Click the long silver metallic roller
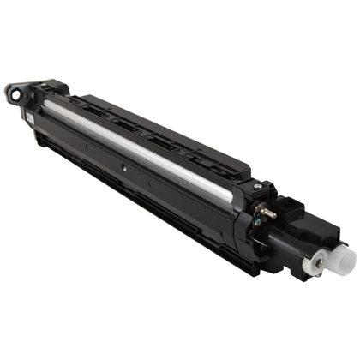point(146,142)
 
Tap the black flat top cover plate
point(171,129)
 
